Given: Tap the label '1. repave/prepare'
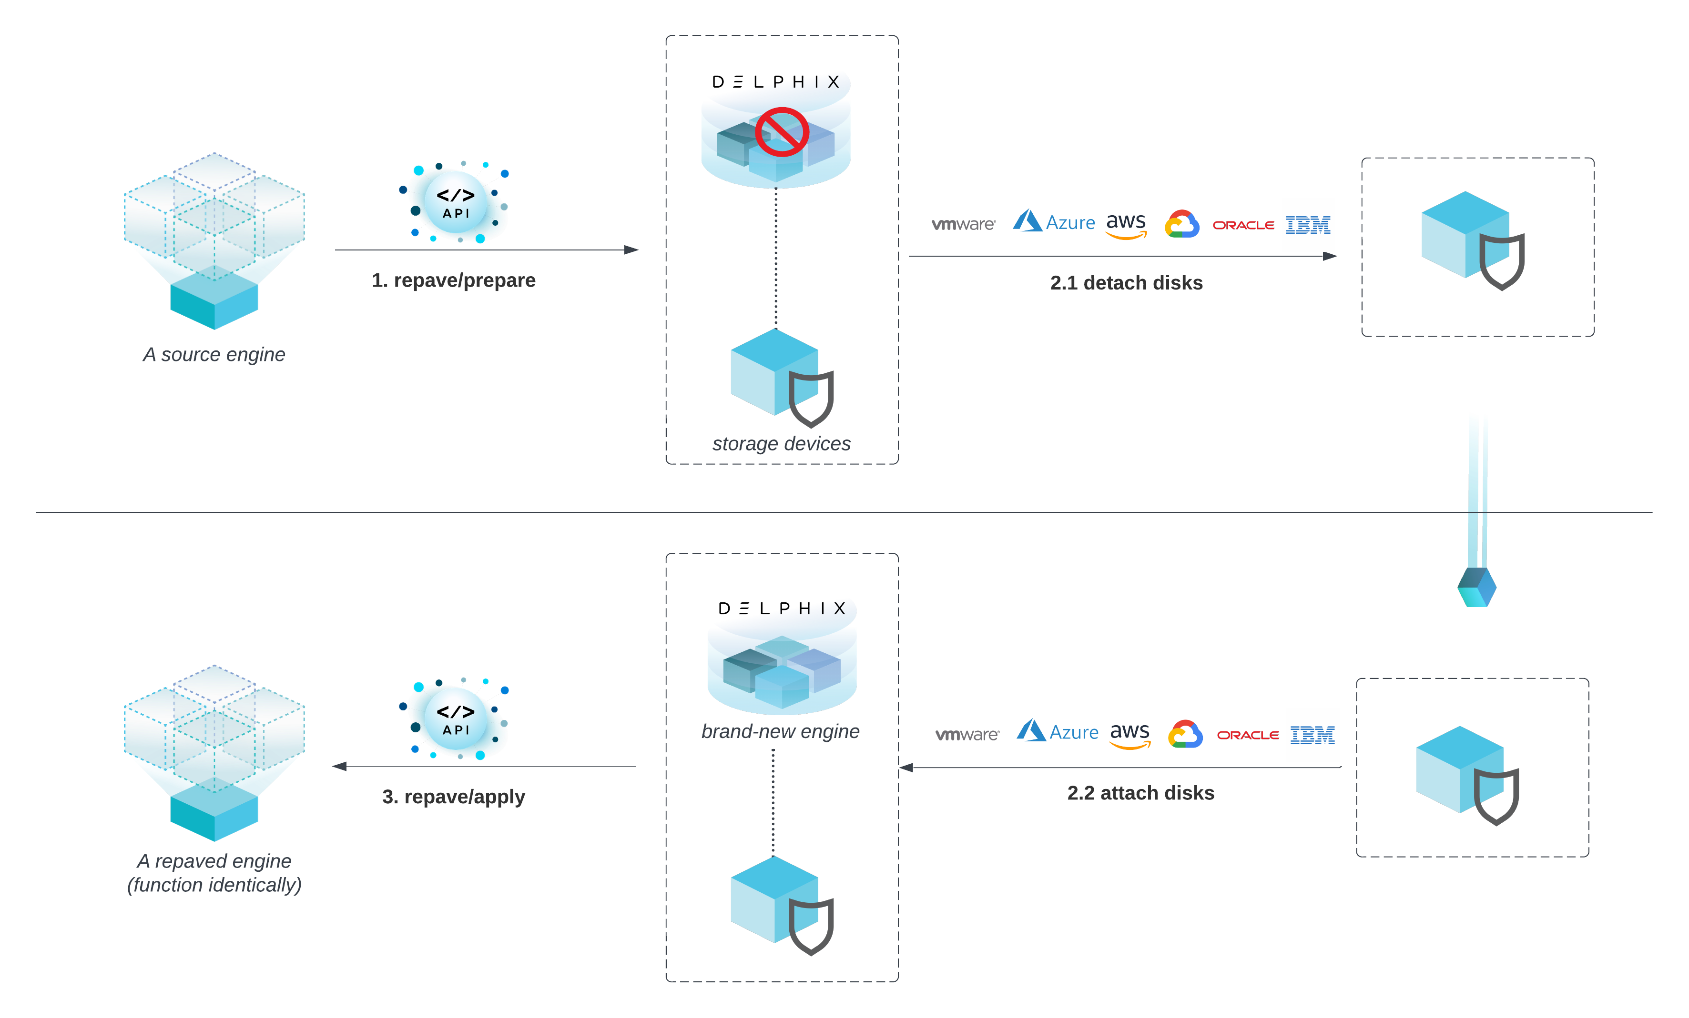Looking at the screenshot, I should [x=453, y=280].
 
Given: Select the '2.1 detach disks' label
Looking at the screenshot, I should [x=1126, y=283].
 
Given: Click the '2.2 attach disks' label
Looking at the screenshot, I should [x=1140, y=793].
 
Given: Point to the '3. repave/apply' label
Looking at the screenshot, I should [x=453, y=797].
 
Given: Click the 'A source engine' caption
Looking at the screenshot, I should [x=214, y=354].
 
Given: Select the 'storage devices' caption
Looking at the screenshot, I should [x=781, y=443].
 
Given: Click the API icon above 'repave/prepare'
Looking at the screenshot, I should [x=456, y=203].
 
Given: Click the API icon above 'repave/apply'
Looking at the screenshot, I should [x=456, y=719].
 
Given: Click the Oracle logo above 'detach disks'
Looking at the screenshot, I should [x=1243, y=225].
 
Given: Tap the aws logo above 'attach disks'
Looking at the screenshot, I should [x=1129, y=734].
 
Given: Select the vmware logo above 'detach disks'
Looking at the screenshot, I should [x=962, y=224].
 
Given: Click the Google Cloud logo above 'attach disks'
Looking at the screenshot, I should [x=1185, y=734].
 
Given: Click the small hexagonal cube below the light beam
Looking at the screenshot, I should [x=1476, y=587].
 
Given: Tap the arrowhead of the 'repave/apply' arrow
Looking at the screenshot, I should [x=339, y=766].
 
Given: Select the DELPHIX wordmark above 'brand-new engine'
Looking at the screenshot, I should [x=782, y=609].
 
